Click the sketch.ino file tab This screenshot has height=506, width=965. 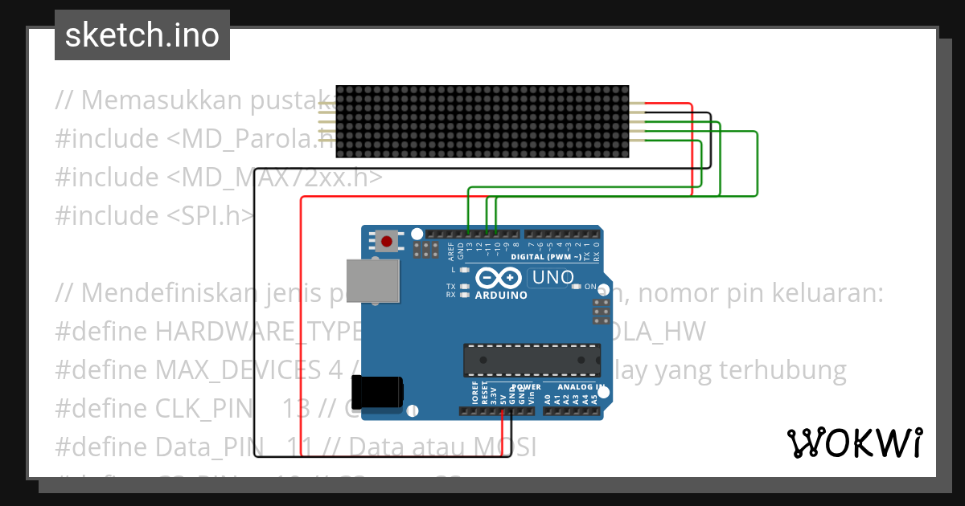142,35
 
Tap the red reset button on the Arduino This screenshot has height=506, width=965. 388,240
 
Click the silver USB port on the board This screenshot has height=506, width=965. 372,281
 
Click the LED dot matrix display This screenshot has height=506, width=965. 482,121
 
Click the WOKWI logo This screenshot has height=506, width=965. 855,443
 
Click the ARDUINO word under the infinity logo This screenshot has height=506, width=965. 501,295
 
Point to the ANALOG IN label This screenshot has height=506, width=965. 573,386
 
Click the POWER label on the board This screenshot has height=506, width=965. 526,386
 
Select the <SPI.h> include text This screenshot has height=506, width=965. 211,215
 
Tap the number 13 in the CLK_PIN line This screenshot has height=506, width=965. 296,408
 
